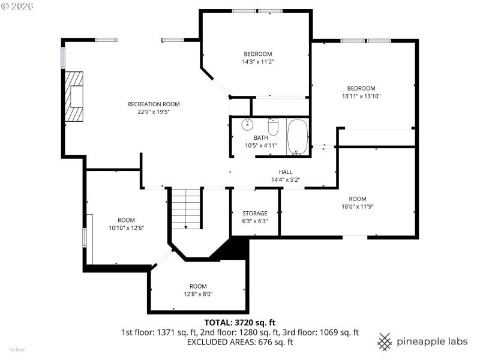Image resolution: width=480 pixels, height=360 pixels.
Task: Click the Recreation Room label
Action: point(154,104)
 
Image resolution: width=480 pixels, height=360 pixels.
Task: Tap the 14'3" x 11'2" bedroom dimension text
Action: point(258,62)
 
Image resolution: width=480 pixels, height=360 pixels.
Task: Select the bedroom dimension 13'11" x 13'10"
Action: point(362,96)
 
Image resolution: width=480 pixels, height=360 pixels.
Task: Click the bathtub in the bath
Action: point(297,137)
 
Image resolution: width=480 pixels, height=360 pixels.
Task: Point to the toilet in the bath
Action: point(273,127)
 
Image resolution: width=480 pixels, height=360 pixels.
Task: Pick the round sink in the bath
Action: point(247,125)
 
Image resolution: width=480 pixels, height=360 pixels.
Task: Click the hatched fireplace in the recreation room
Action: point(74,97)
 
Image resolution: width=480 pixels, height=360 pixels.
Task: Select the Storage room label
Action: point(255,214)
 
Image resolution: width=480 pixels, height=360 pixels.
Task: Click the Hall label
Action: point(286,172)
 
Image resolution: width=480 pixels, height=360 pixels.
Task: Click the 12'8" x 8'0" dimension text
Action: point(198,294)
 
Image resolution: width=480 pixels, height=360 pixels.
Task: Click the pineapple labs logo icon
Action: point(385,341)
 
